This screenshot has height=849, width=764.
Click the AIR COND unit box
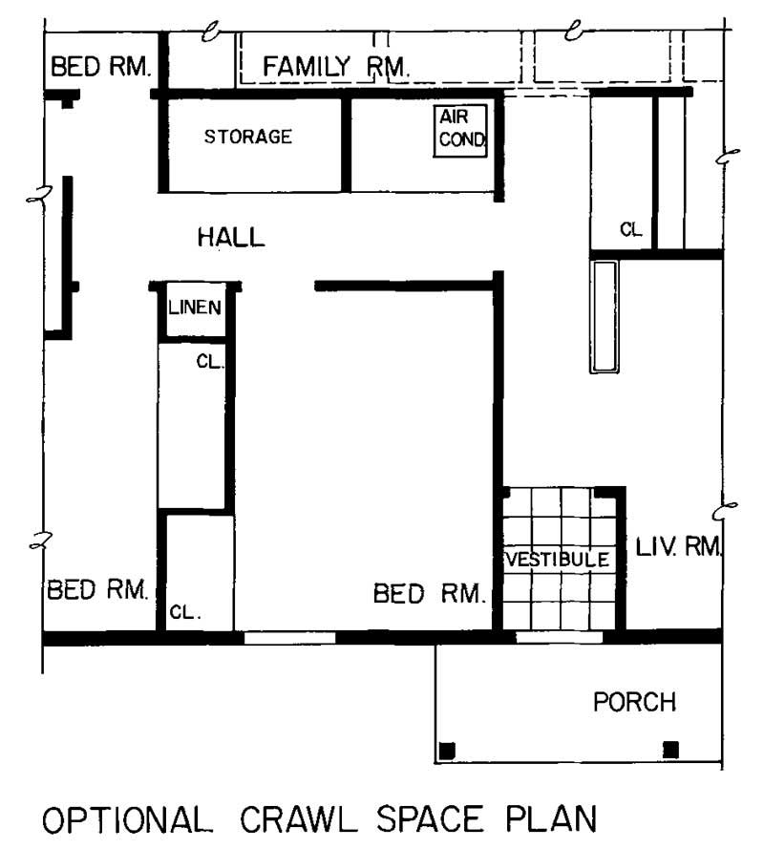pos(462,131)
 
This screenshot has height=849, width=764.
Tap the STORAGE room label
pos(248,137)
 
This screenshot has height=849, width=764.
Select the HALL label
pos(231,237)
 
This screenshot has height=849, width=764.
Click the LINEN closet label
pos(196,308)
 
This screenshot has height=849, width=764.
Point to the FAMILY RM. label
pos(336,67)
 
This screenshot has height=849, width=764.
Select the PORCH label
pos(634,703)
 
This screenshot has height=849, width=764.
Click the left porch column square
pos(446,749)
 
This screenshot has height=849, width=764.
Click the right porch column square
pos(670,749)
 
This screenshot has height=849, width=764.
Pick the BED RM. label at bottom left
pos(97,589)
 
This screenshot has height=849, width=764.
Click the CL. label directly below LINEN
pos(208,361)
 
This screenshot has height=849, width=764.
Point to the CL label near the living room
pos(630,229)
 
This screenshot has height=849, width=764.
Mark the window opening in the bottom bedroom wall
pos(290,637)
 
